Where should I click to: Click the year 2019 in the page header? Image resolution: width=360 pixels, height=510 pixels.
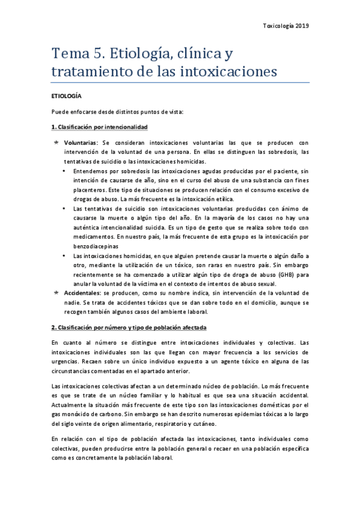pos(301,26)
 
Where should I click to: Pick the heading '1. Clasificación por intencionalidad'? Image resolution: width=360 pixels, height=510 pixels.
pos(100,127)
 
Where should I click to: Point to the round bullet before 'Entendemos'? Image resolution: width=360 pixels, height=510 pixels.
pos(65,171)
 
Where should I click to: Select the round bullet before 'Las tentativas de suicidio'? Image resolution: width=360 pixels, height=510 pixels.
pos(65,208)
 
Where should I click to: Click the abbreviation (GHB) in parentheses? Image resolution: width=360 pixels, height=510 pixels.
pos(277,274)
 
